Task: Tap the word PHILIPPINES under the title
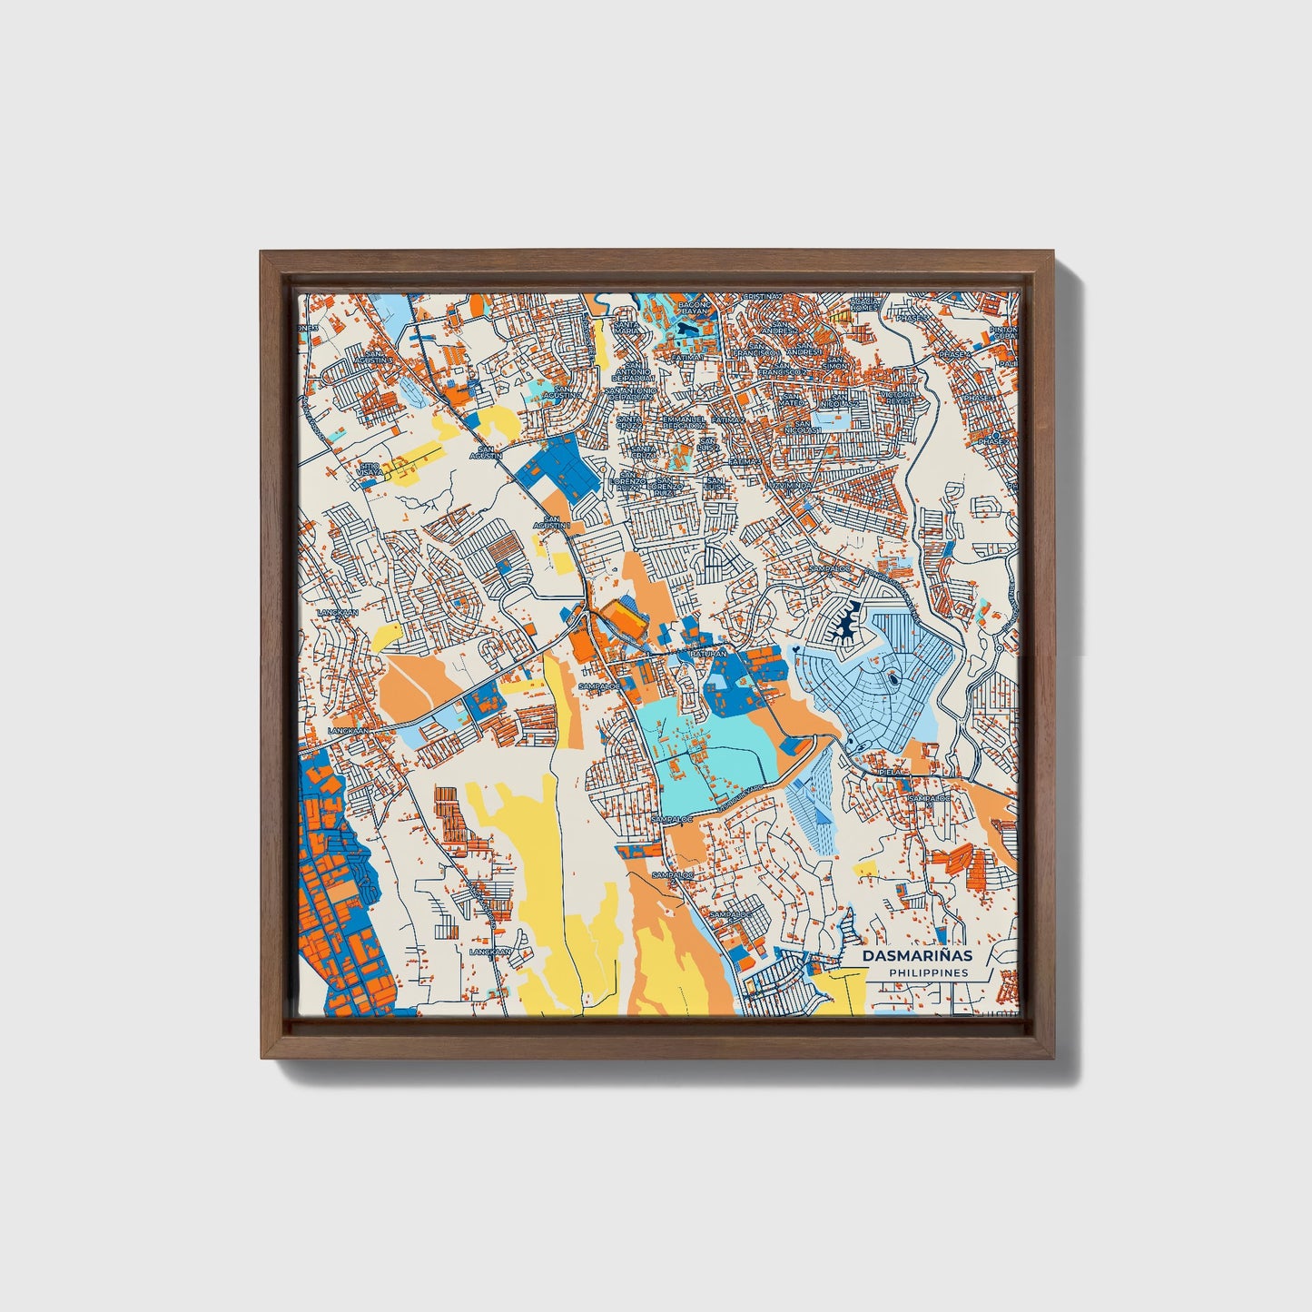click(928, 972)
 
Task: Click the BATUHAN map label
click(707, 653)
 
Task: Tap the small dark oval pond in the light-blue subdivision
click(895, 676)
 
